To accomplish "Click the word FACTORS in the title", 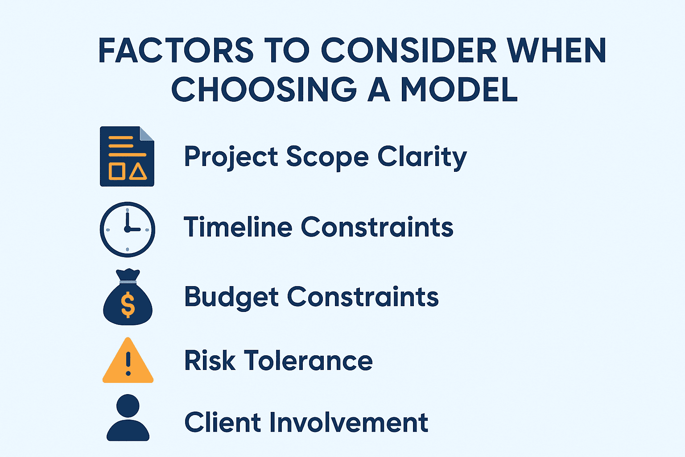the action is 176,50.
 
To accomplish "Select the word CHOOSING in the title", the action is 264,89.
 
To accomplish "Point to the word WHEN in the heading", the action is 557,50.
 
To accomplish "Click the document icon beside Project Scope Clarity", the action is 127,156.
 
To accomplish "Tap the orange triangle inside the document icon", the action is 138,171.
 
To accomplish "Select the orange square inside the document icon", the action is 117,171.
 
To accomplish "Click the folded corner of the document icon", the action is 146,134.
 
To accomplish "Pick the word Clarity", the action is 422,158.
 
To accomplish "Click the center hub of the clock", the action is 128,229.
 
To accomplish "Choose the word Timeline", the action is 238,227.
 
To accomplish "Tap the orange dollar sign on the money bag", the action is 128,305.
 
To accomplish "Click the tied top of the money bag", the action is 128,275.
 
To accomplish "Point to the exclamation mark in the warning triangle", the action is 128,364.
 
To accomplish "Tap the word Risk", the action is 210,360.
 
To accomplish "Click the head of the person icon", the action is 128,406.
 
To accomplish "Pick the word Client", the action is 223,422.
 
